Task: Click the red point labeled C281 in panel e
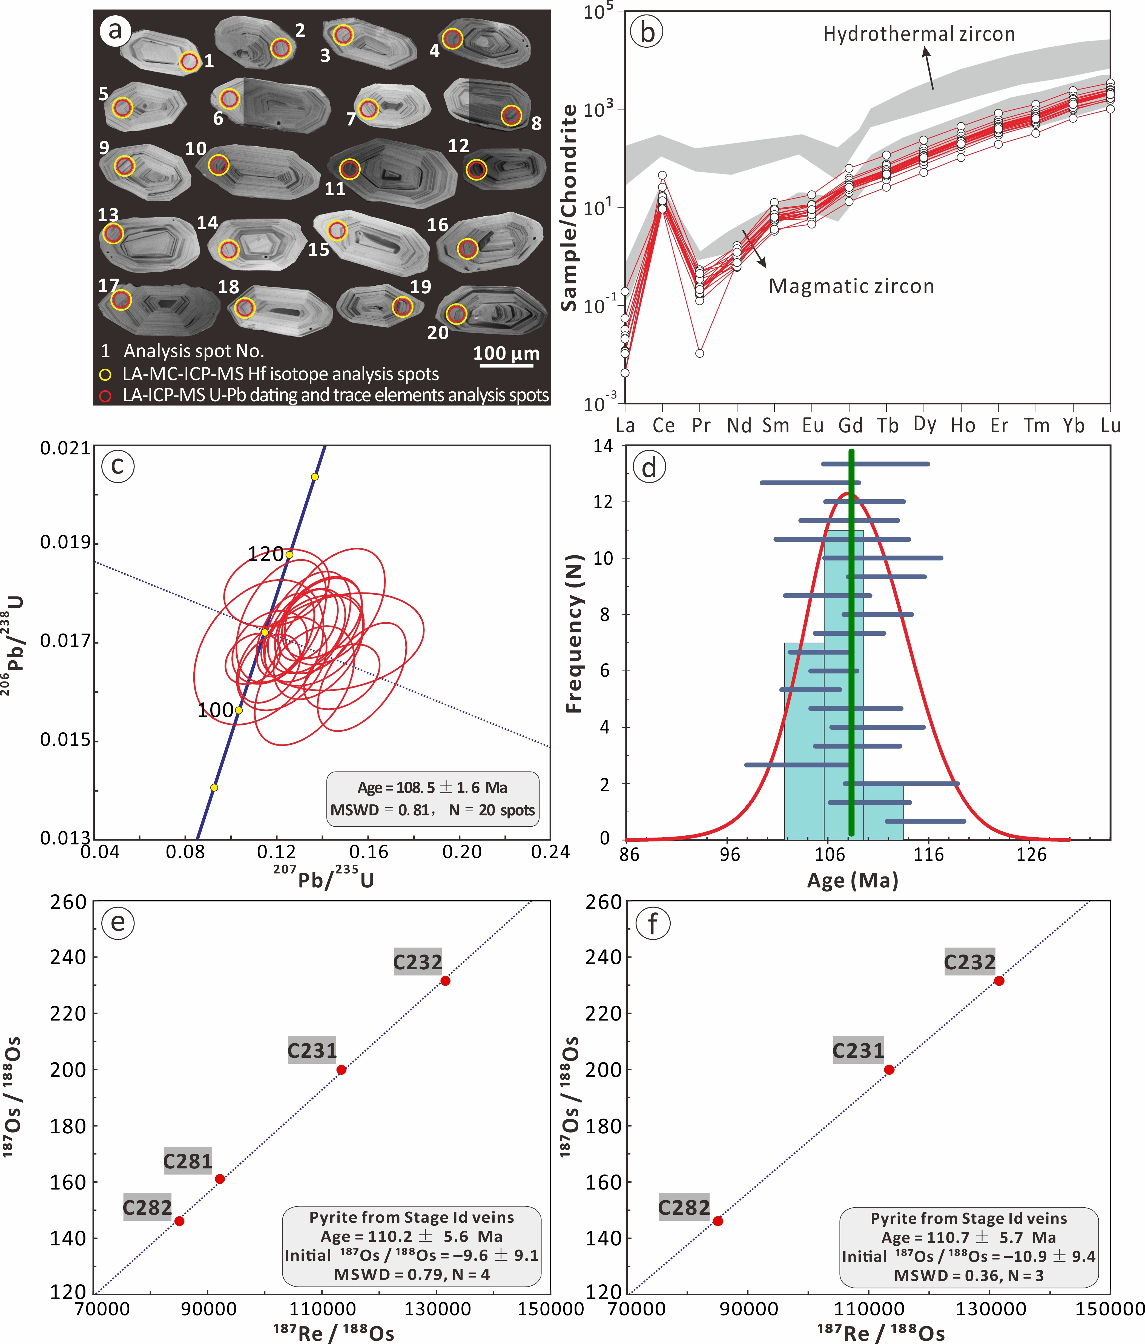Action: (220, 1179)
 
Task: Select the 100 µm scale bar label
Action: (506, 354)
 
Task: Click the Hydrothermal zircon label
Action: (919, 35)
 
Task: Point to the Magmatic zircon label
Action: (851, 286)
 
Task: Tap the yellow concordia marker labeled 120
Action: (289, 555)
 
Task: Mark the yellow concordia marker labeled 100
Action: (239, 710)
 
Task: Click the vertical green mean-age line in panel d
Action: (851, 642)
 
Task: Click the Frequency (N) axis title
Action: (574, 634)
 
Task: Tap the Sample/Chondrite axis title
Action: (569, 208)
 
